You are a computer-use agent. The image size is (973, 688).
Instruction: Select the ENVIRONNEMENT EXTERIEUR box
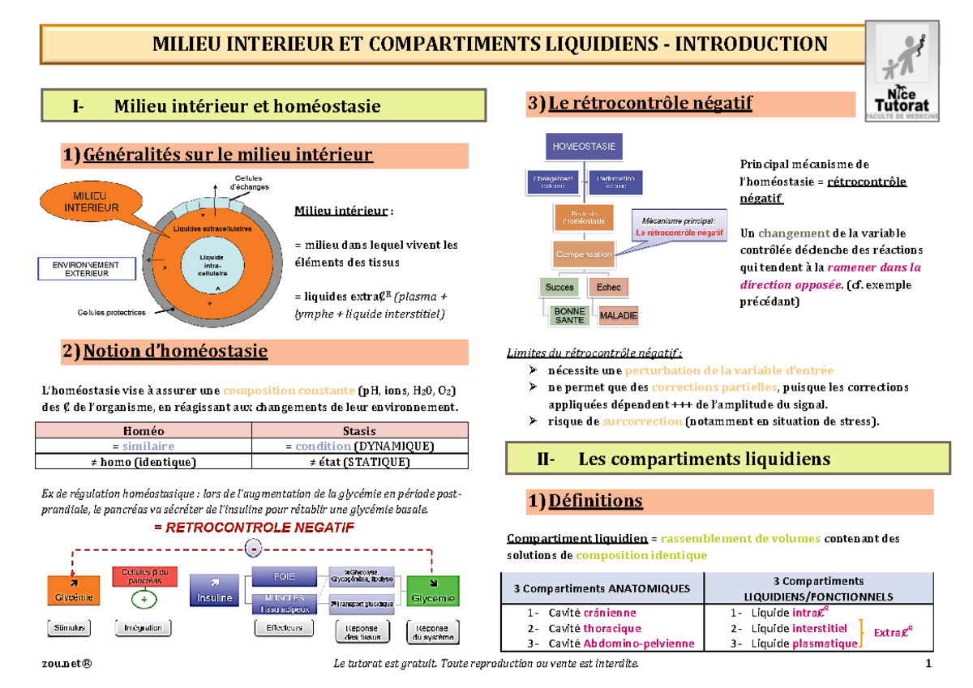pos(85,269)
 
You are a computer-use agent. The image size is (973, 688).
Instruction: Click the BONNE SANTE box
pos(569,315)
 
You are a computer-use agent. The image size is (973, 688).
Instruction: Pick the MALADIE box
pos(618,315)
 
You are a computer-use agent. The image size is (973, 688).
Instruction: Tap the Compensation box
pos(583,254)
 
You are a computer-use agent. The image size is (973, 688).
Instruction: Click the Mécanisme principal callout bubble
pos(679,226)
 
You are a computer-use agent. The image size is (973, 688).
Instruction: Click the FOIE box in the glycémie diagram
pos(285,577)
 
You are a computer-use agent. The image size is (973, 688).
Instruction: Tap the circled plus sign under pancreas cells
pos(144,600)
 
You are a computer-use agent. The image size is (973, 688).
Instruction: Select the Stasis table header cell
pos(360,431)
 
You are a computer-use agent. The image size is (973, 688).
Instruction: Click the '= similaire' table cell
pos(144,447)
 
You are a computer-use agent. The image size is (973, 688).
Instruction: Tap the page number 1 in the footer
pos(928,665)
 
